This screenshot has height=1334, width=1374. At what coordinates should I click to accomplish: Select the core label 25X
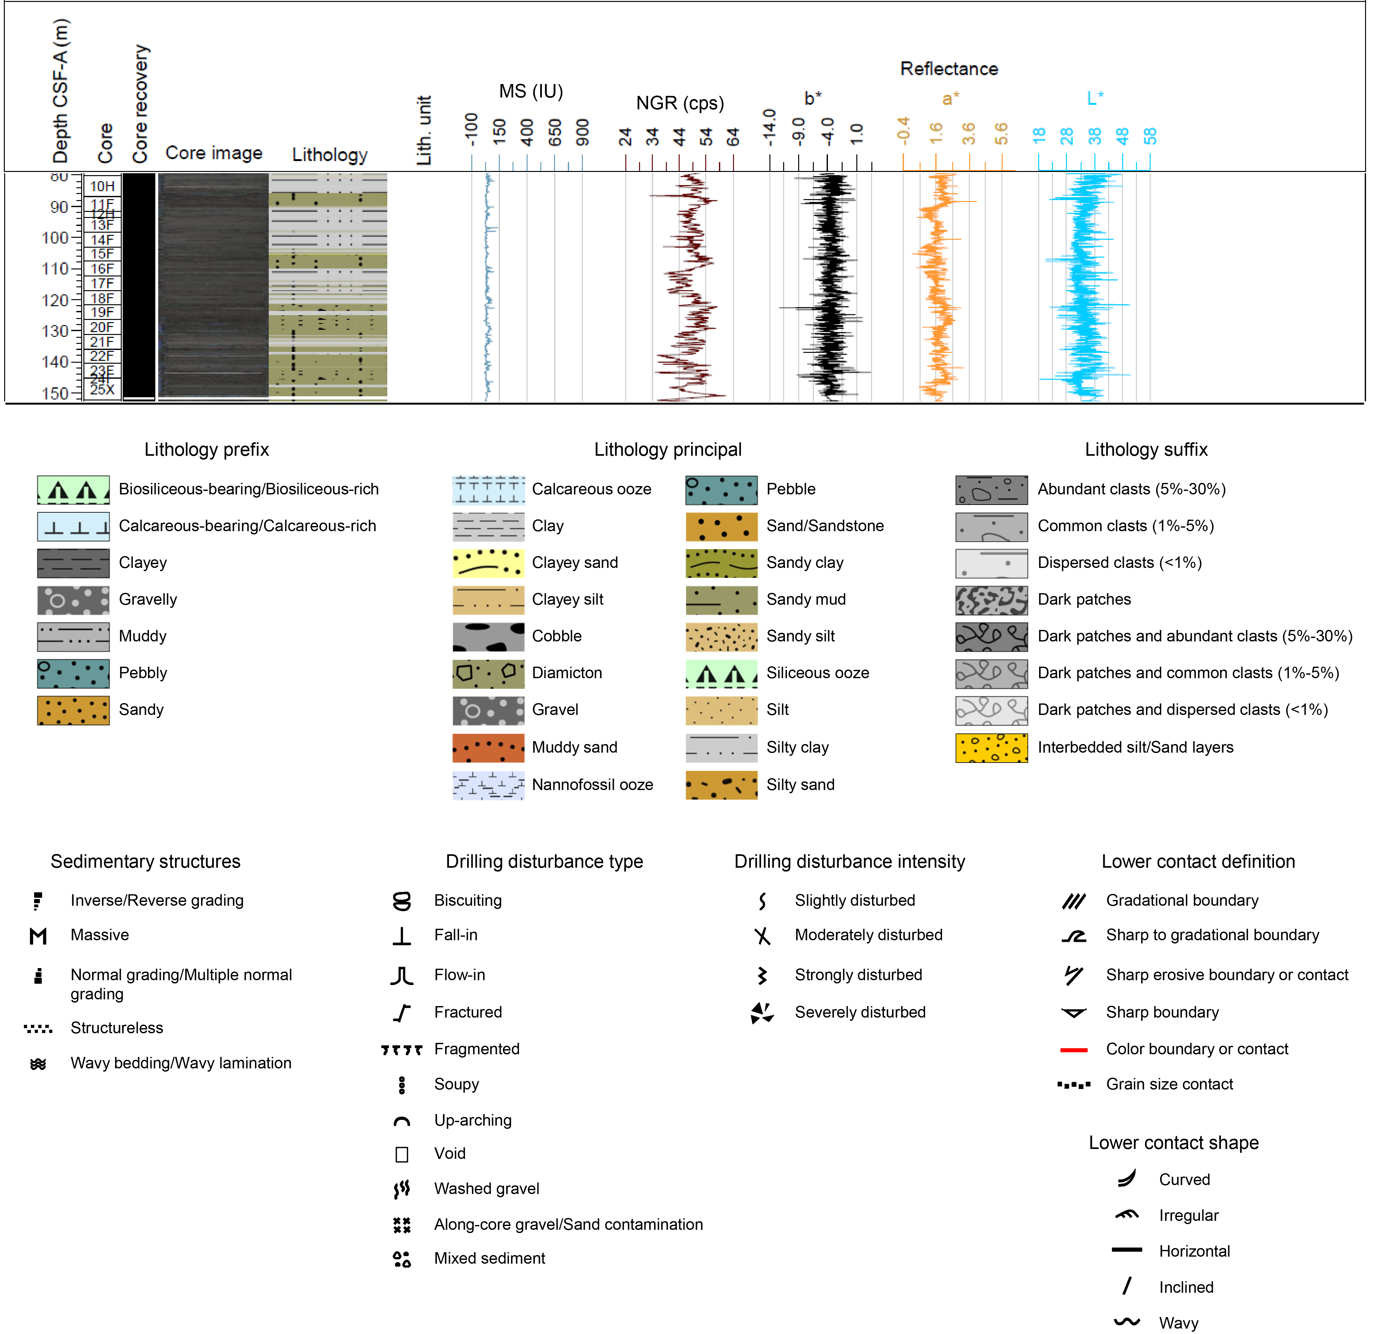pos(102,390)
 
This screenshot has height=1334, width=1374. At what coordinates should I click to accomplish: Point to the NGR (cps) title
pos(679,103)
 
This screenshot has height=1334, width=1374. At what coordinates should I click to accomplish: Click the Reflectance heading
pos(948,69)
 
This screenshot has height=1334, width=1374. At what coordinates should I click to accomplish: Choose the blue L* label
pos(1094,98)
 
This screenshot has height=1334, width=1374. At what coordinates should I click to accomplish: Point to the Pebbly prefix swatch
pos(73,673)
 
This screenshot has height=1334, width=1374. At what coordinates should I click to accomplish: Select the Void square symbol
pos(402,1154)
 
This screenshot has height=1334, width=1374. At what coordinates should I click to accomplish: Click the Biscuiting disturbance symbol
pos(402,901)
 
